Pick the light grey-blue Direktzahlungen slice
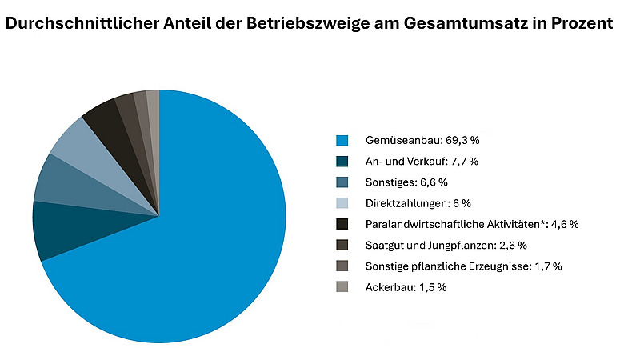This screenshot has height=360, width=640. coord(76,144)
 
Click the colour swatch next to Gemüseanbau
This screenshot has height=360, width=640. coord(342,140)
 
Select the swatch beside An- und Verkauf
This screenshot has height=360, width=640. coord(342,161)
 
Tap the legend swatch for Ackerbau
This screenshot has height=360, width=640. coord(342,286)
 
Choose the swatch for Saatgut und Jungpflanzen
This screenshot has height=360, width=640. coord(342,245)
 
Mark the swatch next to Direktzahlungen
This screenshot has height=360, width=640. coord(342,202)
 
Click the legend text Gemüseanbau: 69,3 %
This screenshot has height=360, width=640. coord(421,140)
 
